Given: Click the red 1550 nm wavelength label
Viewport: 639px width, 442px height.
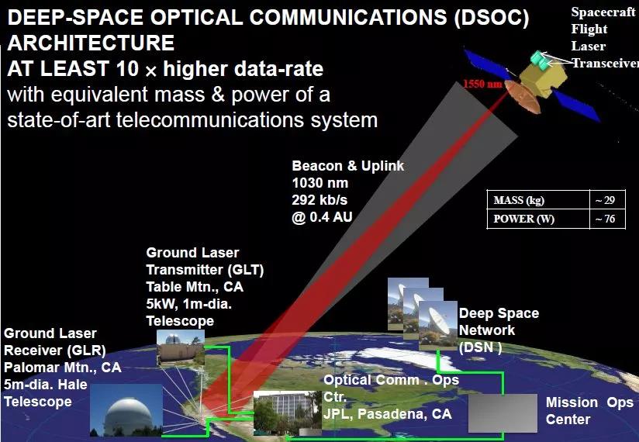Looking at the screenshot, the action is (483, 84).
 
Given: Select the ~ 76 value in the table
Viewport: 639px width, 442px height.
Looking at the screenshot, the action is (605, 219).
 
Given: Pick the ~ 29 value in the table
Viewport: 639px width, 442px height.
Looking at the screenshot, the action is (605, 200).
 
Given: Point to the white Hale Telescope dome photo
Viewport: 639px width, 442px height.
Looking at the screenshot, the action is (126, 410).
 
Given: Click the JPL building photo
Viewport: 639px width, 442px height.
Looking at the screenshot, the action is (287, 413).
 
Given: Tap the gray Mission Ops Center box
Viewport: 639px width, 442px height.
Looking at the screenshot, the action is (503, 413).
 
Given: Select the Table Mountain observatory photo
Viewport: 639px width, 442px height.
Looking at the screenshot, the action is (181, 347).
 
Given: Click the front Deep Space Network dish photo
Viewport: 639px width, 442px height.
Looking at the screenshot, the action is (438, 326).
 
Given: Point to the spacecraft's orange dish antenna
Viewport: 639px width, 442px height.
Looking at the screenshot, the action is (523, 96).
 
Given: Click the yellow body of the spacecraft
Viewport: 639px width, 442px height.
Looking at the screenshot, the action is (544, 78).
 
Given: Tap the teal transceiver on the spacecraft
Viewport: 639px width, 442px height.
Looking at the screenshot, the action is (541, 60).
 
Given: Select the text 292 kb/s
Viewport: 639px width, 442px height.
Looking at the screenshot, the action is (319, 199).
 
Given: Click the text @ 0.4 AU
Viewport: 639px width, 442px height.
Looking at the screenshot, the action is (322, 216).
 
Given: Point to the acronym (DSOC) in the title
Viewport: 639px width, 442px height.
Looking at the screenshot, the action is (492, 18).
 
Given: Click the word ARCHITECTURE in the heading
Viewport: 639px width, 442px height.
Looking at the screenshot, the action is (91, 43).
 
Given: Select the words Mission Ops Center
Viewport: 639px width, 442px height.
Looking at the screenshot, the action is (589, 411).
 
